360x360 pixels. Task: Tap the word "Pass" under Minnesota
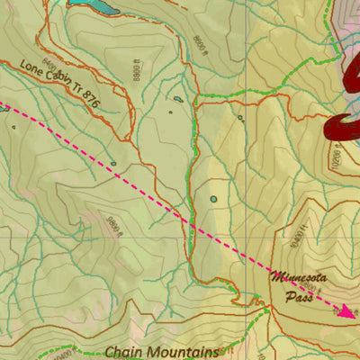click(x=298, y=295)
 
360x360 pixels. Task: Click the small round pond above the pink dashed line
click(x=213, y=198)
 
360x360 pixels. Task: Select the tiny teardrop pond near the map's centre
click(x=178, y=99)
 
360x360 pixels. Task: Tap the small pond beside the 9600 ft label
click(x=113, y=164)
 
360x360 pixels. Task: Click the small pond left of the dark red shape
click(x=240, y=118)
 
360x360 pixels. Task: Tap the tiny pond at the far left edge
click(x=14, y=127)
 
